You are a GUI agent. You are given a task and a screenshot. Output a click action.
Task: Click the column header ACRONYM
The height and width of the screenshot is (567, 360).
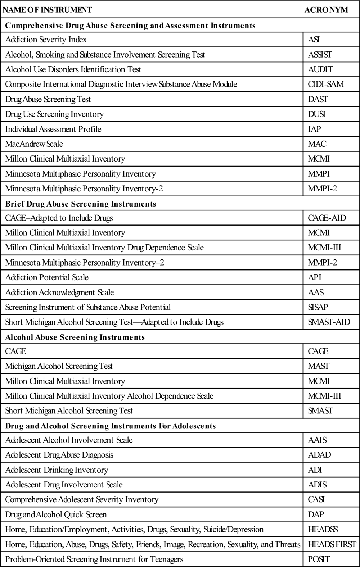coord(326,10)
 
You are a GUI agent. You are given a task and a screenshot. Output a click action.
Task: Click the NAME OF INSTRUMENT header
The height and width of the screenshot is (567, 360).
coord(47,10)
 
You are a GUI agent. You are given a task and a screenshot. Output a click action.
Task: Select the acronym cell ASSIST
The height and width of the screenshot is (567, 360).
coord(320,55)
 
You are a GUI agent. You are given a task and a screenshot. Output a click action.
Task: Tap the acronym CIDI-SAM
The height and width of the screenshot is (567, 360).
coord(326,84)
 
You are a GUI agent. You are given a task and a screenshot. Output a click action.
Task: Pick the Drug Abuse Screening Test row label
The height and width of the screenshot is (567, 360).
coord(48,99)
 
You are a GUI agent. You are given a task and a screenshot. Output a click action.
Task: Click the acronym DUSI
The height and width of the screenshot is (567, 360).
coord(316,114)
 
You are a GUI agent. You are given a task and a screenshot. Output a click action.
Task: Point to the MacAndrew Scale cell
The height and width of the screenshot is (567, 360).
coord(34,144)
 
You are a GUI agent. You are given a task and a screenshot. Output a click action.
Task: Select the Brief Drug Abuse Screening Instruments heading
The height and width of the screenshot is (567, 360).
coord(81,204)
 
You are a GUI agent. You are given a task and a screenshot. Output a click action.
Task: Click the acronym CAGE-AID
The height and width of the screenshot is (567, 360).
coord(327,218)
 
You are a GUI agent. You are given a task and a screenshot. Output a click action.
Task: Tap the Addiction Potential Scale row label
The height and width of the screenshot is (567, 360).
coord(47,277)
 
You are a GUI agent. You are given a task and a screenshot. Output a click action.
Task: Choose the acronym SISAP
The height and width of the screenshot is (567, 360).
coord(318,307)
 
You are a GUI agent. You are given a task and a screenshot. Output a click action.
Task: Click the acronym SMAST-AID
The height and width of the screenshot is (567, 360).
coord(329,322)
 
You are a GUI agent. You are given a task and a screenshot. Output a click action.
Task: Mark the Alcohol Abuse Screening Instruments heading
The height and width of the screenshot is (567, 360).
coord(75,337)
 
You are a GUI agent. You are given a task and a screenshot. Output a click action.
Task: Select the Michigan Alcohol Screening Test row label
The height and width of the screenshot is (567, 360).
coord(59,366)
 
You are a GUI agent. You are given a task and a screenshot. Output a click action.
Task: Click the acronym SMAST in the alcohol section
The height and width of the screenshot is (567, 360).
coord(320,411)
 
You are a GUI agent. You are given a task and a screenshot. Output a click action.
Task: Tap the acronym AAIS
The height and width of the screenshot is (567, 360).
coord(317,440)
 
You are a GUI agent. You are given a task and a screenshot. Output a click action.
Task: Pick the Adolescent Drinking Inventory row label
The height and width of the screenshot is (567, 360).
coord(57,470)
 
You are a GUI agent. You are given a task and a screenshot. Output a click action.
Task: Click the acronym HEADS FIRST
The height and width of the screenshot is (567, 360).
coord(332,544)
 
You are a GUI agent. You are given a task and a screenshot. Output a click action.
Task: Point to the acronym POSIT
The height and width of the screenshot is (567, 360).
coord(319,559)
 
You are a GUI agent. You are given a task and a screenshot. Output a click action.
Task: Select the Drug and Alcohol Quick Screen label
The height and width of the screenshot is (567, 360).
coord(56,514)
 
